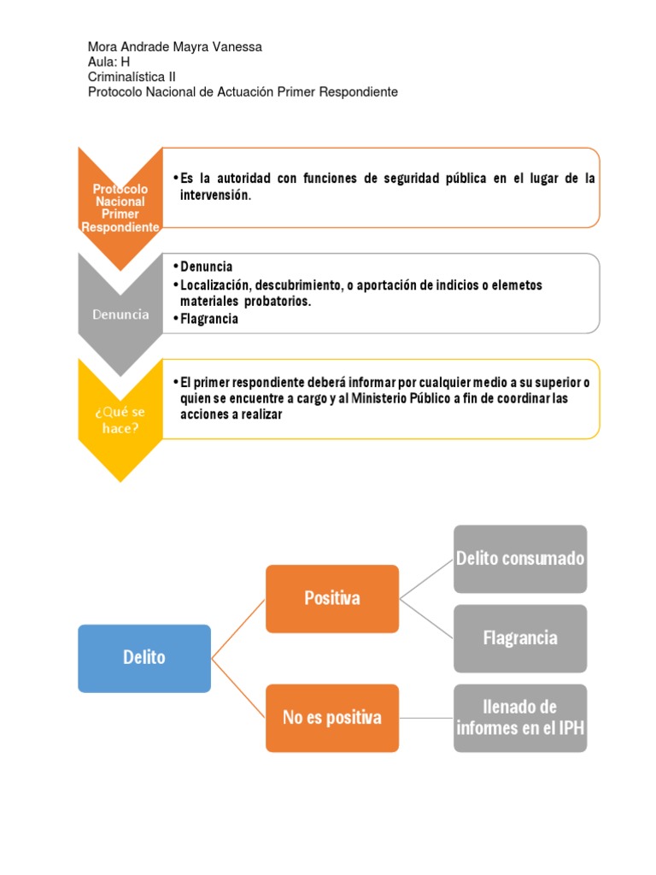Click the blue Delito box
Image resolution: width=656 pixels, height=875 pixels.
coord(143,658)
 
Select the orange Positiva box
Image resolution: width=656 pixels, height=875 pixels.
coord(331,598)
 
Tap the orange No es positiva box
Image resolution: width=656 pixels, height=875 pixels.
coord(331,718)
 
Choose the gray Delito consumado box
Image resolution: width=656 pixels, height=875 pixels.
coord(519,559)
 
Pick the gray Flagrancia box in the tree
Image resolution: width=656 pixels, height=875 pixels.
coord(519,638)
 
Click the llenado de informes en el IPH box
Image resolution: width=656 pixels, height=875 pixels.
coord(519,718)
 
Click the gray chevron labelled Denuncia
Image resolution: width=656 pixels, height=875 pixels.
coord(120,314)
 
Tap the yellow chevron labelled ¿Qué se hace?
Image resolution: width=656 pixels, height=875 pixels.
coord(120,420)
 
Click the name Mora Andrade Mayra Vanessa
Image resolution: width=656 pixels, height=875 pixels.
coord(175,47)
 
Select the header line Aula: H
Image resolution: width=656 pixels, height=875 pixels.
coord(108,62)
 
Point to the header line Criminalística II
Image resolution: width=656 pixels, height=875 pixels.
coord(132,77)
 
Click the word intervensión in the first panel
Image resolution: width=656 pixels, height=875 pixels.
coord(214,195)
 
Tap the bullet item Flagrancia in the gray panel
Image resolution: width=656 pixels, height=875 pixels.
coord(209,319)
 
